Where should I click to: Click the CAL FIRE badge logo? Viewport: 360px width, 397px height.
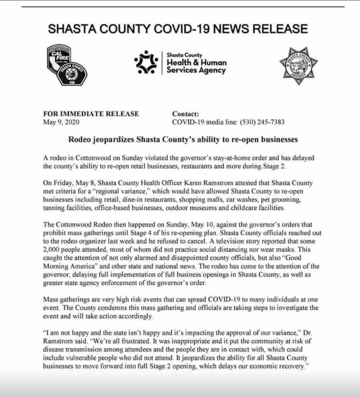(59, 58)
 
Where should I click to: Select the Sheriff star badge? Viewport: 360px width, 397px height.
(298, 65)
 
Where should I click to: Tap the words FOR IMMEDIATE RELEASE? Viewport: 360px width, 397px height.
(91, 114)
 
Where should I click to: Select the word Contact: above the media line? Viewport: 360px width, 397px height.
(185, 114)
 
